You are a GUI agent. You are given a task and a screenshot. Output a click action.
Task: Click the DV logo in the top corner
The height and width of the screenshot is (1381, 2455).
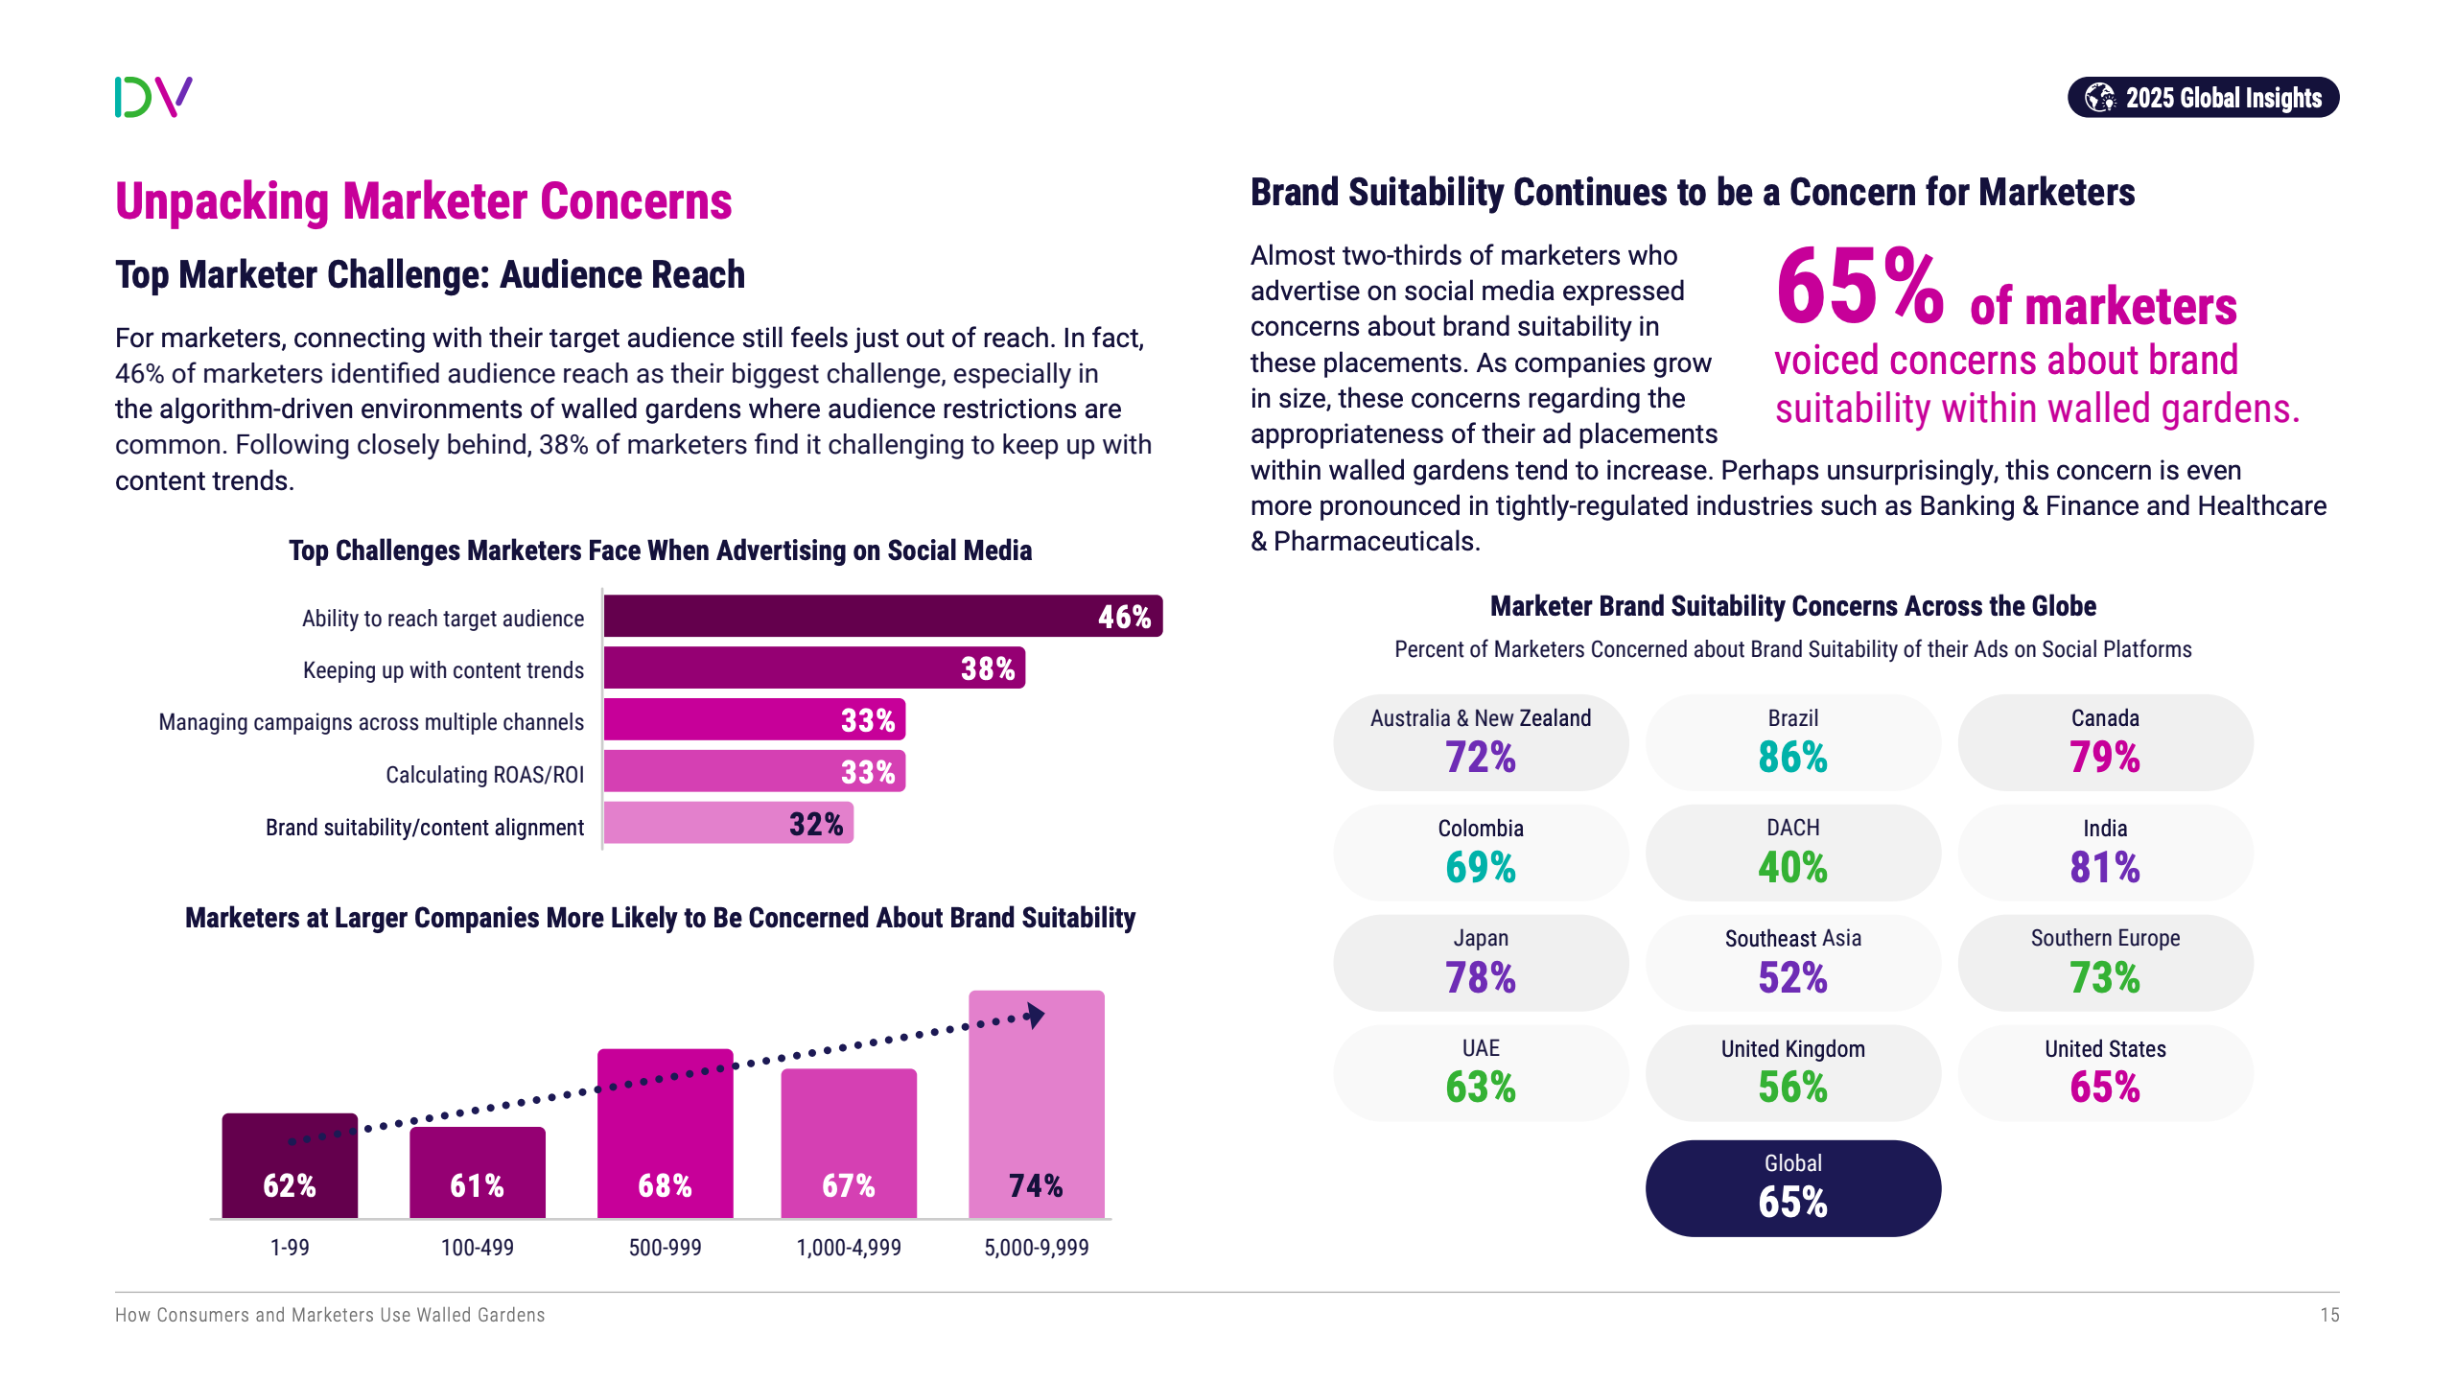(153, 97)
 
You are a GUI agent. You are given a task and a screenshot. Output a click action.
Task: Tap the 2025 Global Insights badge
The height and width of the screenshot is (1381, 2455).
(2203, 98)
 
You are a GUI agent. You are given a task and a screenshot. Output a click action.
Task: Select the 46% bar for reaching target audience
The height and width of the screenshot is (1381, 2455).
(882, 616)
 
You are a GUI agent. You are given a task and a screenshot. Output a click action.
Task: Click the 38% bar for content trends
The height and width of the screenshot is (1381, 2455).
(813, 668)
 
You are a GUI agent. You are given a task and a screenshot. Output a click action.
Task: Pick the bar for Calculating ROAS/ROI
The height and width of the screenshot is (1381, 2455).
(754, 772)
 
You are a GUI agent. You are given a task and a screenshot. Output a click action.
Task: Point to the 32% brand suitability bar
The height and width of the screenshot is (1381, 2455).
(728, 824)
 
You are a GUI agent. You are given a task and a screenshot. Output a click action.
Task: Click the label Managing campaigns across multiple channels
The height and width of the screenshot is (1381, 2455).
(371, 722)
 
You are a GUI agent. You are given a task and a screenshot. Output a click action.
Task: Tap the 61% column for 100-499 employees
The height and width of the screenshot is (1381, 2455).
(478, 1172)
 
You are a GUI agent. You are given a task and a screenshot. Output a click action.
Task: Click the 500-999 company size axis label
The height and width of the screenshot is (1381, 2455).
(665, 1248)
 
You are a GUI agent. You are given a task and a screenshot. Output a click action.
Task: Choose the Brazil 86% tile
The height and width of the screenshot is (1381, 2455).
(1792, 743)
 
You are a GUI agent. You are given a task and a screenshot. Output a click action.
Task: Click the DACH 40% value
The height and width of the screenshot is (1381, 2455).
(1792, 867)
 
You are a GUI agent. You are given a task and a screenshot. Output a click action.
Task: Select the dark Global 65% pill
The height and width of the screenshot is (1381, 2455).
(1792, 1188)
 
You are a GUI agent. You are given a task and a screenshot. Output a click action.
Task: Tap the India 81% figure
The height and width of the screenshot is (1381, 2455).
(2105, 867)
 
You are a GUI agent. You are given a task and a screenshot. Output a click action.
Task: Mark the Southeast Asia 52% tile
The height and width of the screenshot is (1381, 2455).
(1792, 963)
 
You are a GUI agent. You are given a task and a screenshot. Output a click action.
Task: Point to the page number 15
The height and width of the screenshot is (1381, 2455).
(2329, 1315)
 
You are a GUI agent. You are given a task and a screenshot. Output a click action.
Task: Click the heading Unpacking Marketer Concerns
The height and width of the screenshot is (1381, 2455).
(423, 201)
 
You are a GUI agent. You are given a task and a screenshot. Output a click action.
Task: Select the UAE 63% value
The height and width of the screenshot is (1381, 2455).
(1481, 1087)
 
